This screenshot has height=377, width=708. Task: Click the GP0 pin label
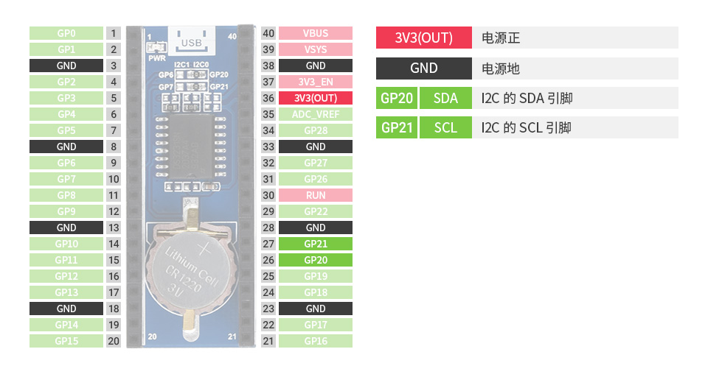click(x=66, y=33)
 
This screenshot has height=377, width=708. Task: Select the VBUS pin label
click(x=316, y=33)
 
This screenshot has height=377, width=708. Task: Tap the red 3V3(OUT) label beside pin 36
click(x=316, y=98)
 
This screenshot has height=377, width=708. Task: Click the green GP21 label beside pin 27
click(x=316, y=244)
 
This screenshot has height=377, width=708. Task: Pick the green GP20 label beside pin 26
click(x=316, y=260)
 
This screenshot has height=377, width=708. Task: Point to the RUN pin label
click(x=316, y=195)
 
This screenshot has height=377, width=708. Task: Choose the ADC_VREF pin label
click(x=316, y=114)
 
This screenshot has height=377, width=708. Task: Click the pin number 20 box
click(x=114, y=341)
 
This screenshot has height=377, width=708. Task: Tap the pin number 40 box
click(x=268, y=33)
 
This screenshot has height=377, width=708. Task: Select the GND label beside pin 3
click(x=66, y=66)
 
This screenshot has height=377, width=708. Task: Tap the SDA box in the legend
click(x=445, y=98)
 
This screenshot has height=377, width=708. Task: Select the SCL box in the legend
click(x=445, y=127)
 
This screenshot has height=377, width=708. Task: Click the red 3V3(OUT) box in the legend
click(x=423, y=38)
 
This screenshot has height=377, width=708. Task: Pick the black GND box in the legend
click(x=423, y=68)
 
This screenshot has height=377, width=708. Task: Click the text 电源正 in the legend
click(x=501, y=38)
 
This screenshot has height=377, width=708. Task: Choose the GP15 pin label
click(x=66, y=341)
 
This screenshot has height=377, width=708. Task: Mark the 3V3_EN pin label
click(x=316, y=82)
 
